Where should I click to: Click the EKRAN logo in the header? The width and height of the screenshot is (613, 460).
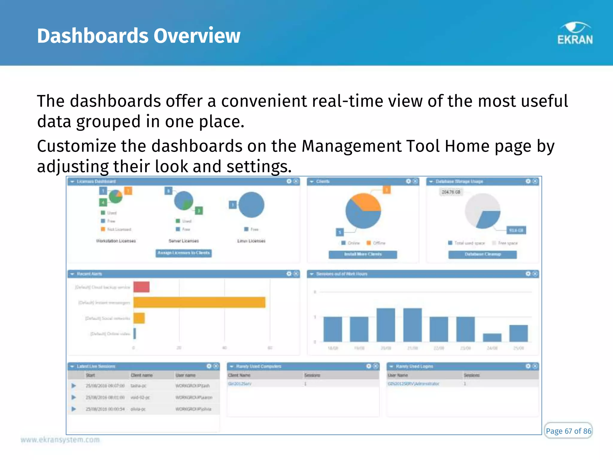click(x=575, y=34)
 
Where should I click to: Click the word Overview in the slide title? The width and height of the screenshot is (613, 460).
click(x=197, y=36)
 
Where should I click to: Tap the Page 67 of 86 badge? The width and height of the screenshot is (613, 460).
click(x=568, y=431)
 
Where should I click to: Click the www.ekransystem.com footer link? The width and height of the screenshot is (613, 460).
click(x=60, y=440)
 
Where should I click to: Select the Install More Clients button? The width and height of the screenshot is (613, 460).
click(x=363, y=254)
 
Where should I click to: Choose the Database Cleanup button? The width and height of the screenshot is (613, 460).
click(x=482, y=254)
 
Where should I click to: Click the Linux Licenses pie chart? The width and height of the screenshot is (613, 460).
click(x=251, y=205)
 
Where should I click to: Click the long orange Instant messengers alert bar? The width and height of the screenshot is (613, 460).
click(x=199, y=302)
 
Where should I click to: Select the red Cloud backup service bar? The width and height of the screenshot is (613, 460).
click(x=142, y=287)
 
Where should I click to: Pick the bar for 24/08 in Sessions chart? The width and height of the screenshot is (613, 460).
click(x=492, y=337)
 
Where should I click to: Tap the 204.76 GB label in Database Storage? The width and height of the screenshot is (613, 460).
click(x=451, y=192)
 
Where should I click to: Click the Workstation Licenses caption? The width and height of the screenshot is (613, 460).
click(x=116, y=241)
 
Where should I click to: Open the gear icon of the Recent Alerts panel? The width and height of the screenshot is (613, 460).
click(x=289, y=274)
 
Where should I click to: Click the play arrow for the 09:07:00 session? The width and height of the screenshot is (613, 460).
click(x=74, y=386)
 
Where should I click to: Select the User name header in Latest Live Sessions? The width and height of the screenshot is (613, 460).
click(x=186, y=375)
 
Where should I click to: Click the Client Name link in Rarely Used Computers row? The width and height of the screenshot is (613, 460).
click(x=239, y=384)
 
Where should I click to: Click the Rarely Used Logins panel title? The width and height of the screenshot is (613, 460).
click(x=414, y=366)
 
